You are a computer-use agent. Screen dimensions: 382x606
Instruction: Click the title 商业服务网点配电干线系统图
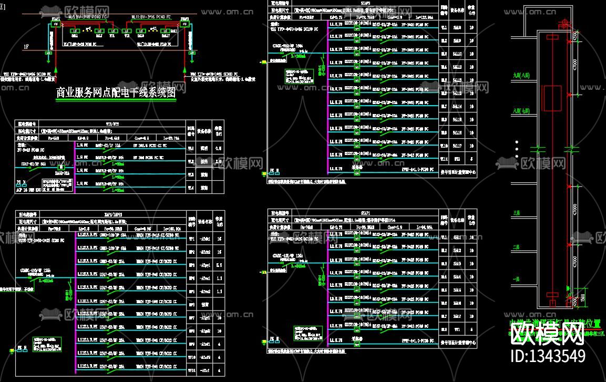[x=116, y=94]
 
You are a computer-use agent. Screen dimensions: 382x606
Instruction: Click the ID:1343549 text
[x=548, y=356]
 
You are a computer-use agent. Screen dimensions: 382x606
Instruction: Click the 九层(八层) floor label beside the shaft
[x=522, y=76]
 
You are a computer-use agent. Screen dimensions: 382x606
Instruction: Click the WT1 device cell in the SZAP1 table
[x=457, y=329]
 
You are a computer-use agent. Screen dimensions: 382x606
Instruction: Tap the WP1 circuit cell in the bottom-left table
[x=192, y=239]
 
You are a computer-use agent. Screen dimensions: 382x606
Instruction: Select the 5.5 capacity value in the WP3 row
[x=219, y=265]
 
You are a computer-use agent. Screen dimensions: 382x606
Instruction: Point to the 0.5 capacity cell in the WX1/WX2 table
[x=220, y=148]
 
